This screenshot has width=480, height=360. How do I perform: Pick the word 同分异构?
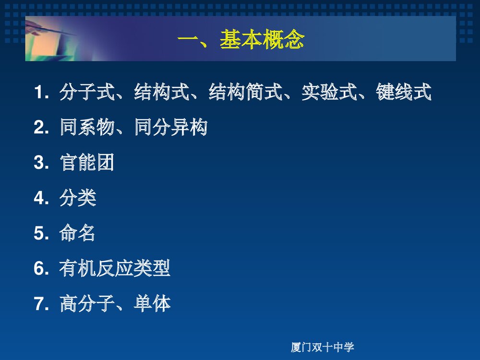click(170, 128)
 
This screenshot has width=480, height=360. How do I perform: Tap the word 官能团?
click(87, 163)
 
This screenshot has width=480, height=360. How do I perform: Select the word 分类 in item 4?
click(78, 198)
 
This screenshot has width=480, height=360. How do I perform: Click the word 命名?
click(78, 234)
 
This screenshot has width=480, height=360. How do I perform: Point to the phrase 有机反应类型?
click(115, 269)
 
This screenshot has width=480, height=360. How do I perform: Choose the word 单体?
click(152, 304)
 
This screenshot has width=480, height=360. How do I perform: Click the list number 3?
click(39, 163)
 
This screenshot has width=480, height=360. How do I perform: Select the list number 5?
click(39, 234)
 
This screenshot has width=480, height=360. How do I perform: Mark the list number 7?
click(39, 304)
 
